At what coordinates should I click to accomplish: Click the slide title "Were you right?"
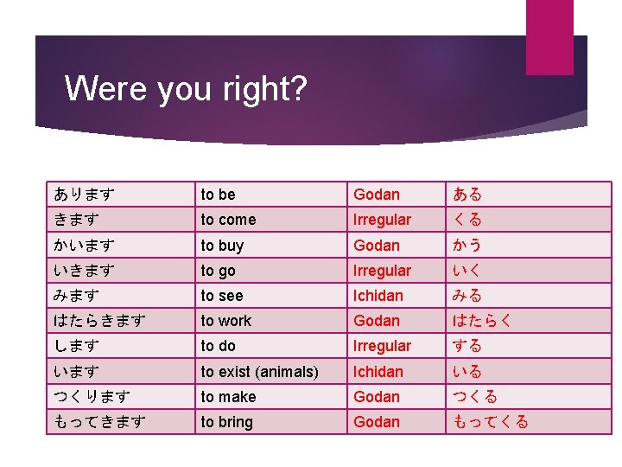click(185, 88)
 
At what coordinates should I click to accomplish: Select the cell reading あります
click(84, 195)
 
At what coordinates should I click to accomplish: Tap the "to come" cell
click(228, 220)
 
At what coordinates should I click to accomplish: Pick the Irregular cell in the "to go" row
click(382, 271)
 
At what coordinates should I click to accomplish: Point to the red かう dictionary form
click(468, 246)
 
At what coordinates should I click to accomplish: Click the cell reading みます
click(75, 296)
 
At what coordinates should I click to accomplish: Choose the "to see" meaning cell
click(221, 296)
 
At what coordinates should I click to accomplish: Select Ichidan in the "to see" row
click(378, 296)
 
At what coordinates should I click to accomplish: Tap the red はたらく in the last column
click(484, 321)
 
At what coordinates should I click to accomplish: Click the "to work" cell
click(225, 321)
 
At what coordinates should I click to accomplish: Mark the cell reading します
click(75, 346)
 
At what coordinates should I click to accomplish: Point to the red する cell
click(468, 346)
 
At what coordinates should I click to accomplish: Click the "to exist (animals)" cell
click(259, 372)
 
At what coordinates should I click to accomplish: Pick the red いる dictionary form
click(468, 372)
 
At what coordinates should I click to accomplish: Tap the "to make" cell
click(228, 397)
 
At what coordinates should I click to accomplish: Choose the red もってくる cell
click(491, 422)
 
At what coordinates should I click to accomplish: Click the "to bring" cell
click(226, 422)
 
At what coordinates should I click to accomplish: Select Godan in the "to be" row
click(377, 195)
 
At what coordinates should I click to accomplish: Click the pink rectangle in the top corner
click(549, 37)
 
